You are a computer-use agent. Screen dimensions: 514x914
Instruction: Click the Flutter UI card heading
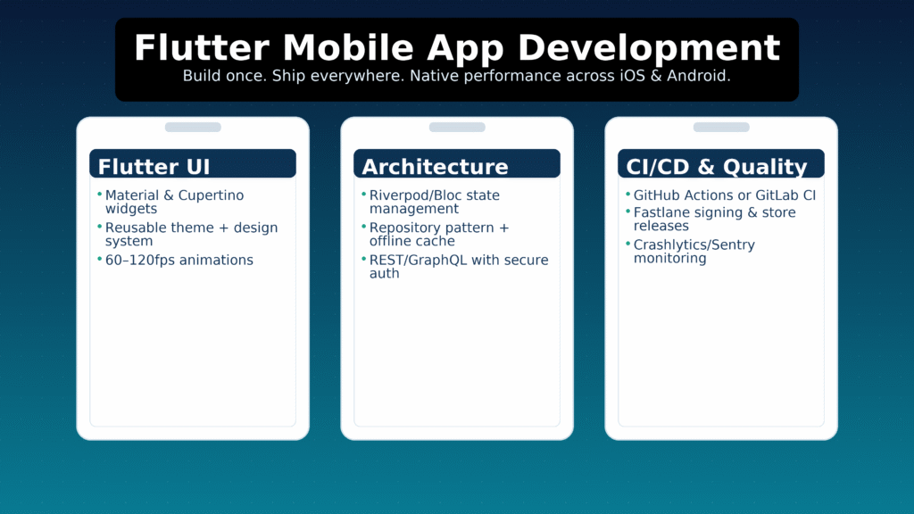click(x=154, y=167)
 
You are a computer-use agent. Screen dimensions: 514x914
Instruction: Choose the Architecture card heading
click(x=435, y=167)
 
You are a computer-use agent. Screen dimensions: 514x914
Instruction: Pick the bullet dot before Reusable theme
click(x=99, y=227)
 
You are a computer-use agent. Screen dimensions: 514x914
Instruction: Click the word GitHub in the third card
click(x=655, y=195)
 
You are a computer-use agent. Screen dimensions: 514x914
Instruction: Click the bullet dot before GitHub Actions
click(x=627, y=195)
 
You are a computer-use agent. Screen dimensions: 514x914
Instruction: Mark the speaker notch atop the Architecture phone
click(x=457, y=128)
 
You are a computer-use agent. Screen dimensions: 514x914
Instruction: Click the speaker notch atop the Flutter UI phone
click(x=193, y=128)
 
